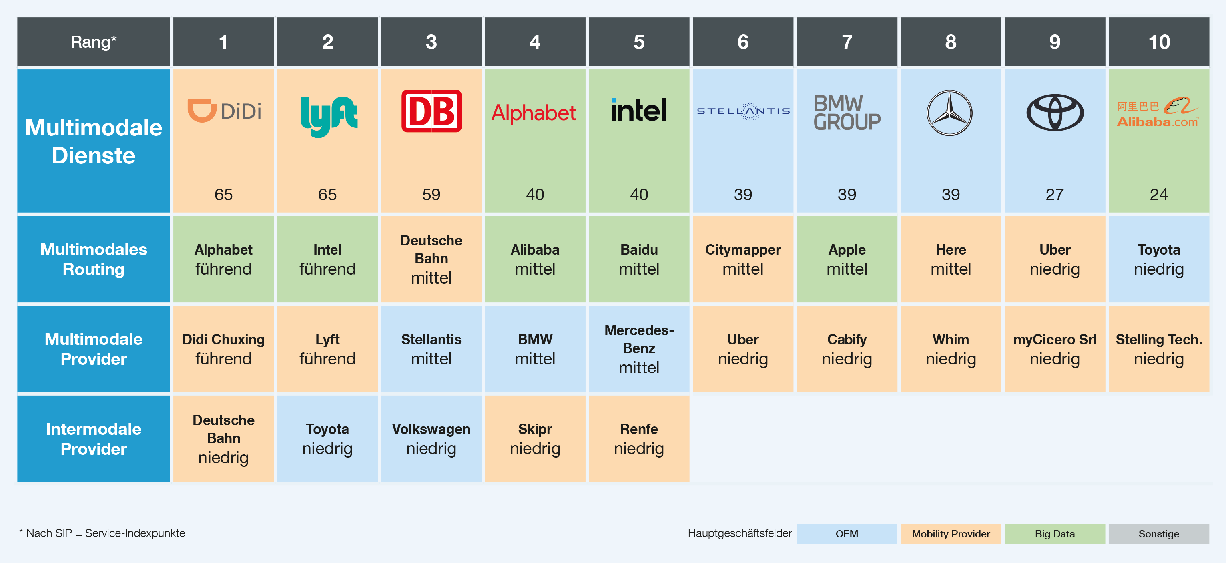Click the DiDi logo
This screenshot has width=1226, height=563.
point(224,111)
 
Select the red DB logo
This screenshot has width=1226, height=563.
point(431,111)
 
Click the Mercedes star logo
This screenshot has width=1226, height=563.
point(949,113)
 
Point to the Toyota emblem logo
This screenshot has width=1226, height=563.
point(1055,113)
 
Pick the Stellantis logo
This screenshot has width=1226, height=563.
point(743,111)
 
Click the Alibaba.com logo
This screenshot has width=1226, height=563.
point(1158,113)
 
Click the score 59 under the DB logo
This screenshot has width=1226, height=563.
point(431,194)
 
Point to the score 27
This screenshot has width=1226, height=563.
point(1055,194)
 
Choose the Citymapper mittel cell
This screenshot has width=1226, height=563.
point(743,259)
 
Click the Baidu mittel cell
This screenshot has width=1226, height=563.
point(639,259)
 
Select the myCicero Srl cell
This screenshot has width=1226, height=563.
point(1055,349)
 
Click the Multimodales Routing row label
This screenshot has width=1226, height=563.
point(93,259)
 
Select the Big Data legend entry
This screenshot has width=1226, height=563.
point(1055,533)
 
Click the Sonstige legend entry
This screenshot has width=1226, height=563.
point(1158,533)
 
